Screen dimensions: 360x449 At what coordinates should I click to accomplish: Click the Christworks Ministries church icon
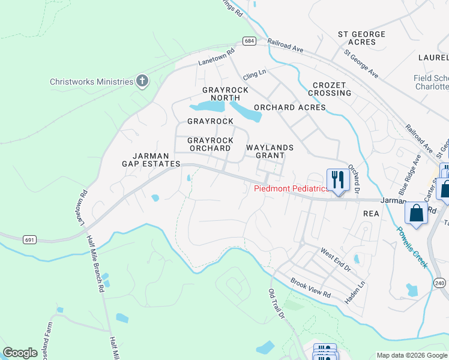[x=142, y=81]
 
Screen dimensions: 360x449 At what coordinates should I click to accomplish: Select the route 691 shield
[x=30, y=239]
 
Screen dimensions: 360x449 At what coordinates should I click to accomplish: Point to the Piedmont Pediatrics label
[x=291, y=188]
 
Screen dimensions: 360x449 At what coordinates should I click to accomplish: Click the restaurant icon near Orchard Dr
[x=338, y=179]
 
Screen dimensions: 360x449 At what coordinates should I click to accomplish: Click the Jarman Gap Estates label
[x=151, y=159]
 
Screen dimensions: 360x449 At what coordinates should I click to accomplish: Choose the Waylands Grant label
[x=270, y=151]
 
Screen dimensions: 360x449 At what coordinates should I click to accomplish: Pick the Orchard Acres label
[x=289, y=107]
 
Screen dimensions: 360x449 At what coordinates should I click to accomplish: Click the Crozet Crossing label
[x=330, y=89]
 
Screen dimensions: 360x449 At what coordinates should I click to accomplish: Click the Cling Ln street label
[x=254, y=77]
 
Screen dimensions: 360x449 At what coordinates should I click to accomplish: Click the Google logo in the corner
[x=20, y=353]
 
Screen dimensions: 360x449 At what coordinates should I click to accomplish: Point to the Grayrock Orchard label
[x=210, y=144]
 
